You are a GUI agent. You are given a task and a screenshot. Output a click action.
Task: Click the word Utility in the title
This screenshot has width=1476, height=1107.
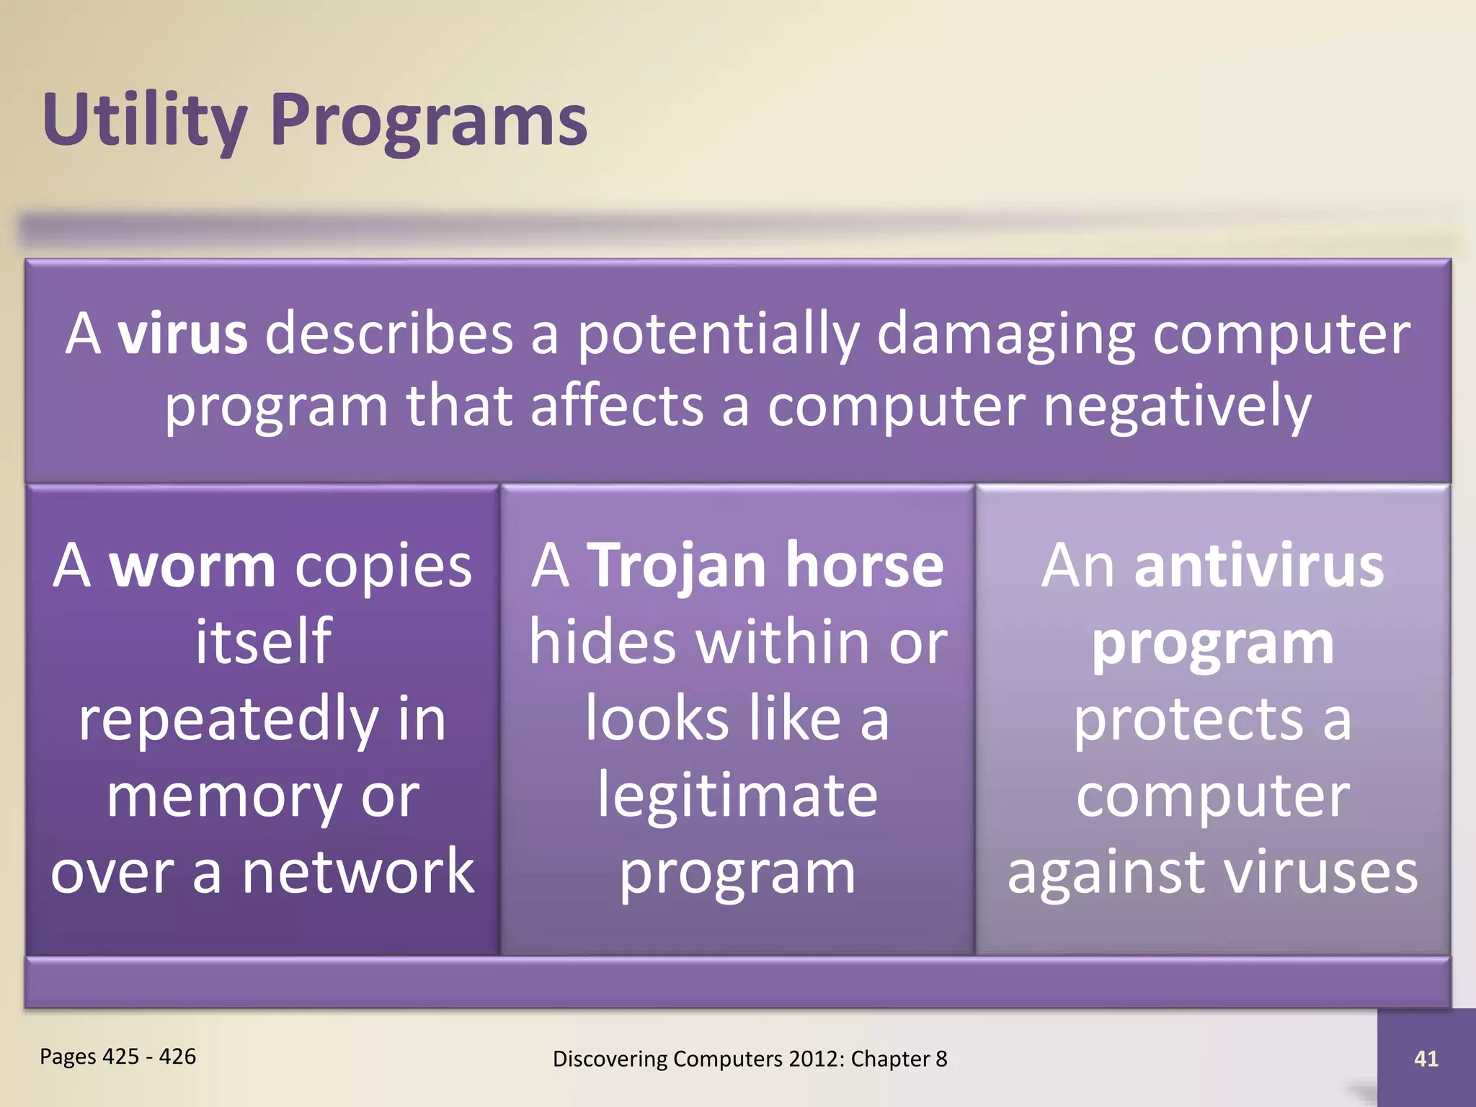[144, 120]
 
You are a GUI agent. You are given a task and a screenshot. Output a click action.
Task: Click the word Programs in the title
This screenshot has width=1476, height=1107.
[429, 120]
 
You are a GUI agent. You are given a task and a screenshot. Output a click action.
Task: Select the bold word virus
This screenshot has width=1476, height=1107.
[183, 334]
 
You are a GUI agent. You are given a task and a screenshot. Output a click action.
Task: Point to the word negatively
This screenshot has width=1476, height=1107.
[1176, 406]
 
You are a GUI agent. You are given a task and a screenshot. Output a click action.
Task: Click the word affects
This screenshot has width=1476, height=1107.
[616, 406]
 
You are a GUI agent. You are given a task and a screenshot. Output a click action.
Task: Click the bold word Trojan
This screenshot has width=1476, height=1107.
[676, 566]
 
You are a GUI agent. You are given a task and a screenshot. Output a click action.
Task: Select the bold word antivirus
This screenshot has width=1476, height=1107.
[1258, 566]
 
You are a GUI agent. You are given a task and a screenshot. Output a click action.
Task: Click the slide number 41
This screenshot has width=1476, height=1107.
[1426, 1059]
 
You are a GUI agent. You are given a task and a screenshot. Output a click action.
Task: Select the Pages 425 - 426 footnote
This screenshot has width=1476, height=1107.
[117, 1057]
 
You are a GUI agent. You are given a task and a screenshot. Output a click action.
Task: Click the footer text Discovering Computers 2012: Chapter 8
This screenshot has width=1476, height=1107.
[750, 1059]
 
